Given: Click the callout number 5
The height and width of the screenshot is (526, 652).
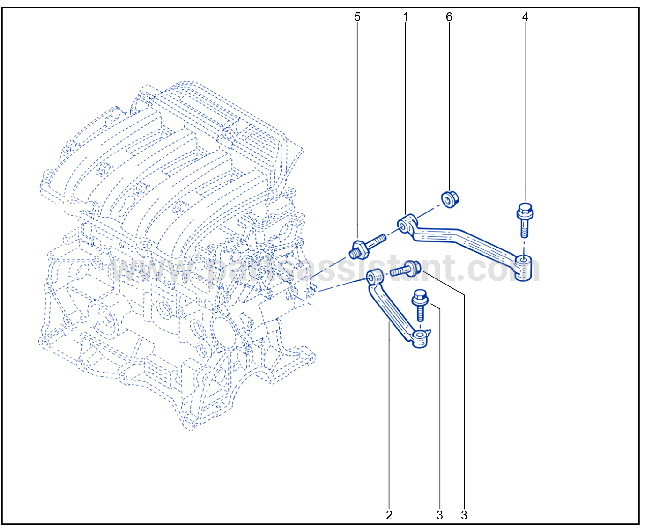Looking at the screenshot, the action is [x=357, y=17].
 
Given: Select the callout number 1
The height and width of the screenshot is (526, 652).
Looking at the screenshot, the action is [x=406, y=17].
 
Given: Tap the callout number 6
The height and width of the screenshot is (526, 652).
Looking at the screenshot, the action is [x=449, y=17].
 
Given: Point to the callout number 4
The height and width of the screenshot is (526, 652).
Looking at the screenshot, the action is [x=525, y=17].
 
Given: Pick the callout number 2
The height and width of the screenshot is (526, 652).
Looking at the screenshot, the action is [x=389, y=515].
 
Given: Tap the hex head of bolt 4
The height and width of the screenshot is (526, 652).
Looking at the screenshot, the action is [x=525, y=211].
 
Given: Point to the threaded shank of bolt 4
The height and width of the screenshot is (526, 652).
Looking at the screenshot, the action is [x=524, y=228].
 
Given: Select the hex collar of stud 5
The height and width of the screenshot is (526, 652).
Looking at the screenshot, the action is [x=359, y=250].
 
